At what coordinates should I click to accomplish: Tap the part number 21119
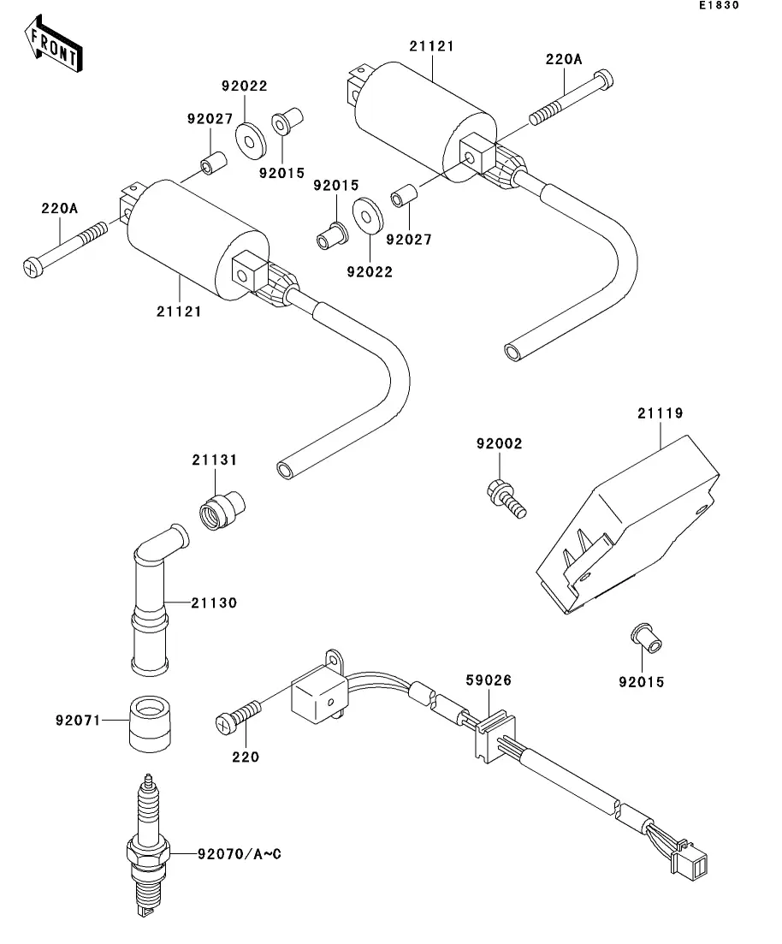pyautogui.click(x=660, y=413)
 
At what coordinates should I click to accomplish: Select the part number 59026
pyautogui.click(x=489, y=681)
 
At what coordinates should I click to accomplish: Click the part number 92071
pyautogui.click(x=80, y=721)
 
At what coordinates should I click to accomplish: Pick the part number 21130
pyautogui.click(x=214, y=603)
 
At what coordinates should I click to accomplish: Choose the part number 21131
pyautogui.click(x=215, y=460)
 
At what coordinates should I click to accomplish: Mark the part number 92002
pyautogui.click(x=500, y=443)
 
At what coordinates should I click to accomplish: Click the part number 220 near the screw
pyautogui.click(x=246, y=757)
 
